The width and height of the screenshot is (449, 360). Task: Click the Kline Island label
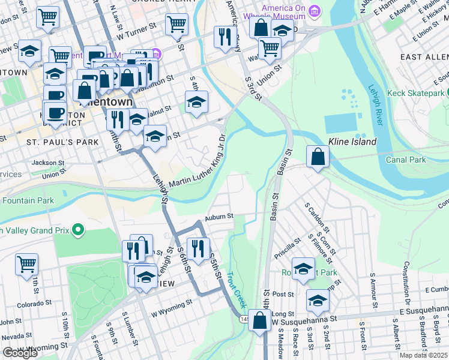click(352, 142)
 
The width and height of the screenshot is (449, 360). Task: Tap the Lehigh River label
click(376, 104)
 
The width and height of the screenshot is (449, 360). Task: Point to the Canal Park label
click(406, 160)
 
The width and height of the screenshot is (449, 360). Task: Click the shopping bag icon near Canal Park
click(318, 157)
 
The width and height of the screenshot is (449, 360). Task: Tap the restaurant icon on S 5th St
click(197, 247)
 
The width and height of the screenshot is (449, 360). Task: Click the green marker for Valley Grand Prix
click(77, 229)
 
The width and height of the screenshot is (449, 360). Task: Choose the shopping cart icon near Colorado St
click(26, 264)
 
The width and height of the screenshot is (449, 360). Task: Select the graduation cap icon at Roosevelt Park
click(304, 268)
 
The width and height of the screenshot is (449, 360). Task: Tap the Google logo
click(20, 353)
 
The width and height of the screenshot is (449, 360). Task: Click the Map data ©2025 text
click(423, 355)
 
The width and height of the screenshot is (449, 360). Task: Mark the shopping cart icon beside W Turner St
click(176, 25)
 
